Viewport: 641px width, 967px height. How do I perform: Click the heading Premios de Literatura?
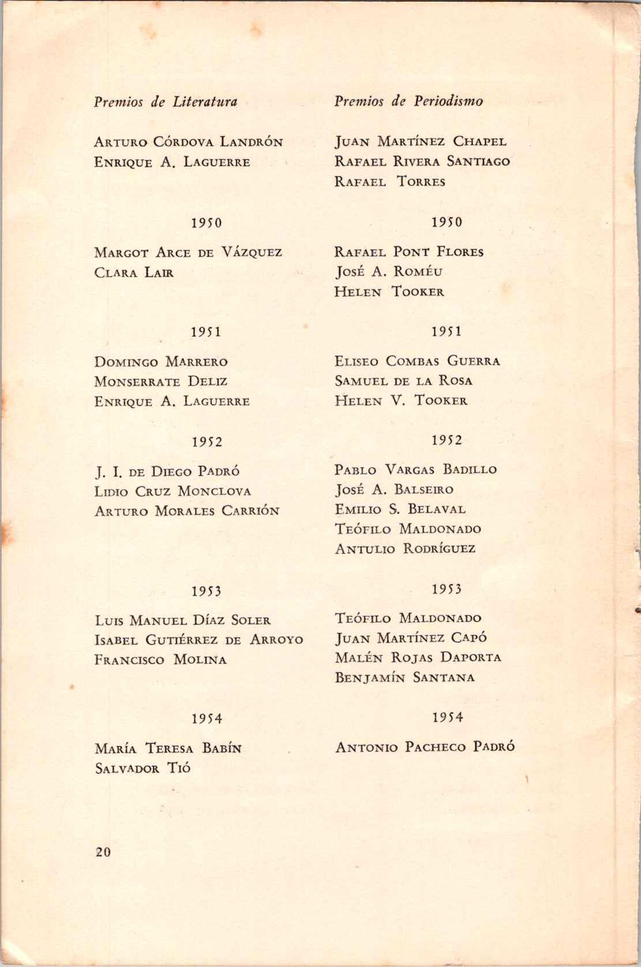point(165,102)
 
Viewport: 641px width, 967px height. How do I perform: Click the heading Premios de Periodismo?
point(408,102)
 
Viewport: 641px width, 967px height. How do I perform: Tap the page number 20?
point(103,852)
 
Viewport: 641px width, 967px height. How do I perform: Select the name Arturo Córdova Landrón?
point(189,142)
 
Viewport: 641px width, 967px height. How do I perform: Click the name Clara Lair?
point(134,272)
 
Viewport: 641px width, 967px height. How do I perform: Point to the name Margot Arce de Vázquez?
point(188,253)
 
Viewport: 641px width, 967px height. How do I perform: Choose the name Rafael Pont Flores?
point(408,252)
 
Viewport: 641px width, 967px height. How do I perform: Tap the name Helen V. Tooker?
point(401,400)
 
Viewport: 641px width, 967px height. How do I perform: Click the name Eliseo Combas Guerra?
point(417,361)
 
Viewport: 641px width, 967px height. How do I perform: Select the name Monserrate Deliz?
point(161,381)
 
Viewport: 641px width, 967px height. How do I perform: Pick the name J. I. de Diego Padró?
point(167,471)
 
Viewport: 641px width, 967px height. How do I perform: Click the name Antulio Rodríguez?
point(405,548)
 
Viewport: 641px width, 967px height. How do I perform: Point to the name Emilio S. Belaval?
point(400,509)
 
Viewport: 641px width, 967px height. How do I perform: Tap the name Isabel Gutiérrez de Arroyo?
point(198,640)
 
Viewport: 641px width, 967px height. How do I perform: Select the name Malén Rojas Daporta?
point(418,658)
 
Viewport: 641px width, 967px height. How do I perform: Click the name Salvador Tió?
point(143,768)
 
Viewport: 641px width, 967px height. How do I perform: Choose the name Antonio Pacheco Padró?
point(425,747)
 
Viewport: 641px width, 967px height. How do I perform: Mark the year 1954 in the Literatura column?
point(207,719)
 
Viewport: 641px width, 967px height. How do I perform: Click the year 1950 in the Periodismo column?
point(447,222)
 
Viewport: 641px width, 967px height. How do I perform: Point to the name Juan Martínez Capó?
point(411,638)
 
